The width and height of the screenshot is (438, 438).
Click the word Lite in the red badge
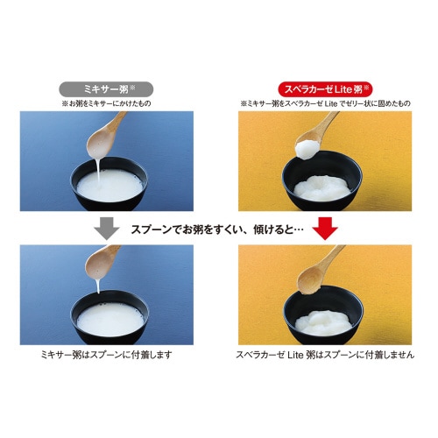click(345, 88)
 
